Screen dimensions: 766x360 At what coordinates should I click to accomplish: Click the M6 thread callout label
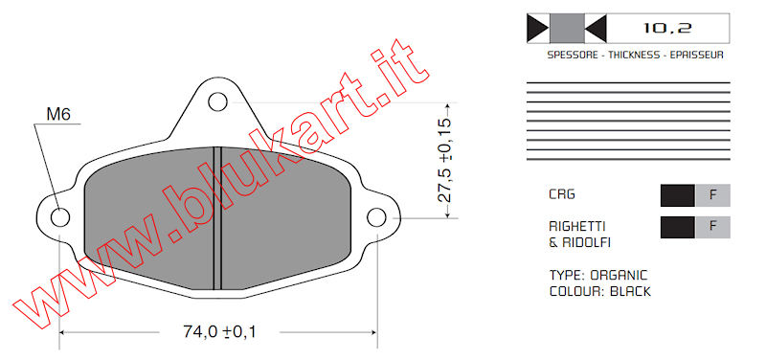point(58,114)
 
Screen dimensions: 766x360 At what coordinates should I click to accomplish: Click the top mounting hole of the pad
point(217,102)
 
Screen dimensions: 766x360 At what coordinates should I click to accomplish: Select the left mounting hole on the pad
point(60,217)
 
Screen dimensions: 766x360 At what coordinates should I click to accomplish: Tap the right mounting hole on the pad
point(376,217)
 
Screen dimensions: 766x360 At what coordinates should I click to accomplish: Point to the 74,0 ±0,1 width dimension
point(219,332)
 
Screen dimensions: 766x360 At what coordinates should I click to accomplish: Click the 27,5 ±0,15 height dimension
point(444,160)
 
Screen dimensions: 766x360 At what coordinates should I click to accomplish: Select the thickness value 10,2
point(666,29)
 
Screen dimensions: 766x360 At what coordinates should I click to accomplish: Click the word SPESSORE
point(573,55)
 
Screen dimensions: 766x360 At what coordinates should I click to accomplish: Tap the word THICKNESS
point(634,55)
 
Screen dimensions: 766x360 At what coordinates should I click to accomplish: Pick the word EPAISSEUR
point(697,55)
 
